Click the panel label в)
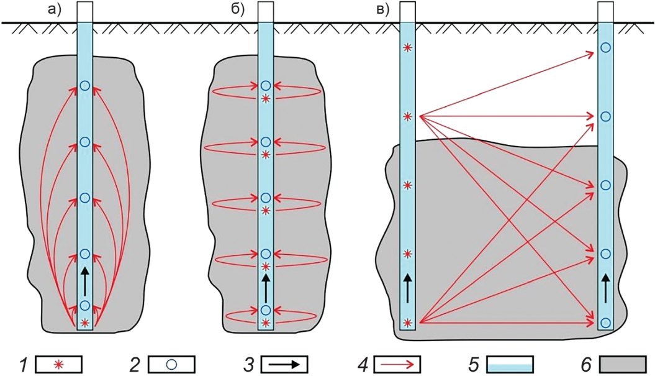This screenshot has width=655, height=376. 379,9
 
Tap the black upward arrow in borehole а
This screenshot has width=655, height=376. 85,280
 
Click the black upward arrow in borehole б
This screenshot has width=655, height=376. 266,287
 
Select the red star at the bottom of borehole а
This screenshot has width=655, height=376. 85,323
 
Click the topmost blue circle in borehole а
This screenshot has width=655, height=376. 85,85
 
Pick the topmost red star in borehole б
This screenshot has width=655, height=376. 266,98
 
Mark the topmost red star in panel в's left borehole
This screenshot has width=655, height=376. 407,47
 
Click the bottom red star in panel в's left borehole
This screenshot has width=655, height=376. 407,322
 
